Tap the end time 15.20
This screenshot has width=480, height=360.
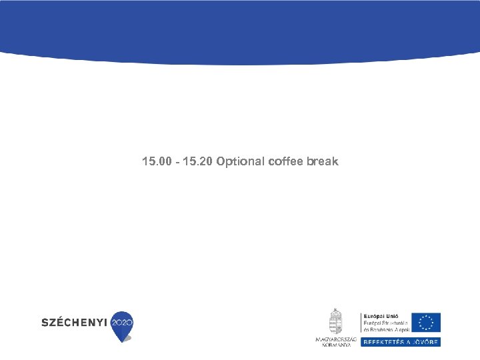[196, 162]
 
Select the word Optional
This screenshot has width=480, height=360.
[240, 162]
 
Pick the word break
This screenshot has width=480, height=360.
[323, 162]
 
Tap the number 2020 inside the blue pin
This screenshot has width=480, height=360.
[122, 322]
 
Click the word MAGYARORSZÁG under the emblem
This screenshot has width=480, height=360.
[336, 339]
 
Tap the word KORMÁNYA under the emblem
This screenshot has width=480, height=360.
[336, 345]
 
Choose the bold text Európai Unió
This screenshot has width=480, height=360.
[379, 316]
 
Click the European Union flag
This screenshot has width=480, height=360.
[425, 323]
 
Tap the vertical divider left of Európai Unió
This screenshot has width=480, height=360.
[359, 322]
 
